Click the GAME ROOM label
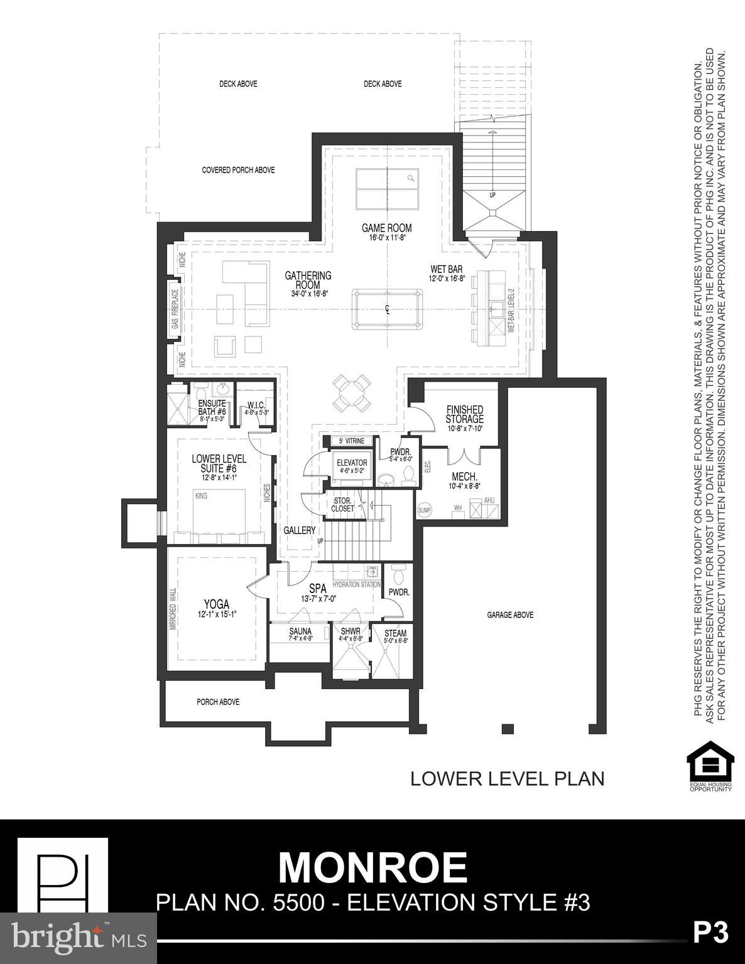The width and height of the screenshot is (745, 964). pyautogui.click(x=386, y=228)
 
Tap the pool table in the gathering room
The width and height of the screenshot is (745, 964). pyautogui.click(x=387, y=308)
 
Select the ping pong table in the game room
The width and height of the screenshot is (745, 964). pyautogui.click(x=387, y=190)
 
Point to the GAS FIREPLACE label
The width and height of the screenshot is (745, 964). pyautogui.click(x=175, y=309)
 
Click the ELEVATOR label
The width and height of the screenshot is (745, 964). pyautogui.click(x=352, y=463)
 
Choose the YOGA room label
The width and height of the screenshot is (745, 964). pyautogui.click(x=215, y=604)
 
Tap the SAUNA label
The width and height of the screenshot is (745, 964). pyautogui.click(x=300, y=632)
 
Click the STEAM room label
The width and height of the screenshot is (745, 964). pyautogui.click(x=395, y=633)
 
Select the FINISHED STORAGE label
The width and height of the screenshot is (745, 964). pyautogui.click(x=464, y=414)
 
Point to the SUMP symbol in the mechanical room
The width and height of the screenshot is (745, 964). pyautogui.click(x=425, y=510)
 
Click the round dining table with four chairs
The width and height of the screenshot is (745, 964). pyautogui.click(x=351, y=393)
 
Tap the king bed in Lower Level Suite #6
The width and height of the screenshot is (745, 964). pyautogui.click(x=219, y=511)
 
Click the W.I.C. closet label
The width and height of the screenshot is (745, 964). pyautogui.click(x=256, y=405)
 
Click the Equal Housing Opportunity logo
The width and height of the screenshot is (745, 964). pyautogui.click(x=710, y=766)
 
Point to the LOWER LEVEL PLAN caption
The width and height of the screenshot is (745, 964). pyautogui.click(x=507, y=779)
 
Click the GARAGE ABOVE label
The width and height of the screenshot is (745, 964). pyautogui.click(x=510, y=615)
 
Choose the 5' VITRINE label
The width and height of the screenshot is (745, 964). pyautogui.click(x=347, y=441)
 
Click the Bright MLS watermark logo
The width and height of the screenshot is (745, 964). pyautogui.click(x=79, y=938)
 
